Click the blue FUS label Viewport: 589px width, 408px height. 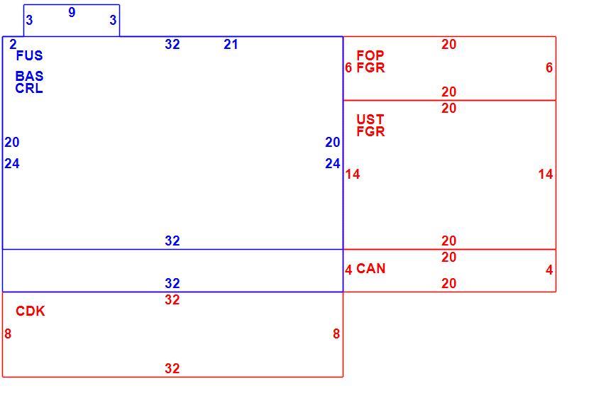point(29,55)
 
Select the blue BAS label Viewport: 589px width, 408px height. point(29,76)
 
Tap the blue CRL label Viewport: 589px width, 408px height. point(29,88)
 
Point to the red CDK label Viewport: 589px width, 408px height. point(31,311)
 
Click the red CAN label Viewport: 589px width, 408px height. point(370,269)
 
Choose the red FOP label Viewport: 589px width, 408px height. point(370,55)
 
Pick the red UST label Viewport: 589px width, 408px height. point(370,119)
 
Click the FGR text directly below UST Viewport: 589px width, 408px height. point(370,131)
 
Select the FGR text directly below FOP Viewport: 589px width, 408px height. point(370,67)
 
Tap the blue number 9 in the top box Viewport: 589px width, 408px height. point(72,12)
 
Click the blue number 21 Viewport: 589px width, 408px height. point(231,44)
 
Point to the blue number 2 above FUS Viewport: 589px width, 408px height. point(13,44)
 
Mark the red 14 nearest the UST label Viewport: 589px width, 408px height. point(353,174)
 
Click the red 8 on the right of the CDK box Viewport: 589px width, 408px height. point(336,333)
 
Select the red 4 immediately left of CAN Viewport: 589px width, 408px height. point(348,270)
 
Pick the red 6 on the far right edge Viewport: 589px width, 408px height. point(549,67)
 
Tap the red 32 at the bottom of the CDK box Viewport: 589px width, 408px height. point(172,368)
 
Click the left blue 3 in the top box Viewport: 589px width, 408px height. point(29,20)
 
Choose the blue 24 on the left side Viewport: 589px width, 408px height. point(12,163)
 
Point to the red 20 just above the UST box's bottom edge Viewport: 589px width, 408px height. point(449,241)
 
